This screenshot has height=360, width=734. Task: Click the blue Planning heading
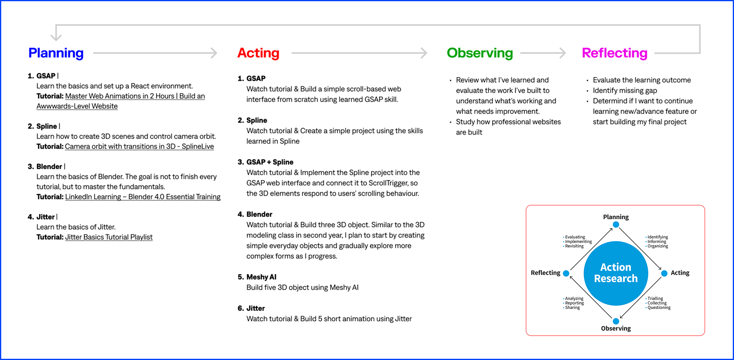56,53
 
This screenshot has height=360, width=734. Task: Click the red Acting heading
258,53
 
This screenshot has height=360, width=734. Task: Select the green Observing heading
480,53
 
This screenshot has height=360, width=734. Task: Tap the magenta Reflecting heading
614,53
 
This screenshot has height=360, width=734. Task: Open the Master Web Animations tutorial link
135,96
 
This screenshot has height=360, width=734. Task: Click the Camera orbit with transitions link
139,147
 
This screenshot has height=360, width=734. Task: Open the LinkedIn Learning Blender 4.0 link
143,197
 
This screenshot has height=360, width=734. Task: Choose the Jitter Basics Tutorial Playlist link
109,237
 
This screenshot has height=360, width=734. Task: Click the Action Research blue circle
616,273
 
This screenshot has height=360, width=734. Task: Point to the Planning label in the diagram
616,217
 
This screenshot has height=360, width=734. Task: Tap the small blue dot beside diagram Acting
664,273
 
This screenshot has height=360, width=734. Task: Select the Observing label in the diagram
616,329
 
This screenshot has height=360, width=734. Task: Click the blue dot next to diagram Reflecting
566,273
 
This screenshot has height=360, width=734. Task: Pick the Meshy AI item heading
261,277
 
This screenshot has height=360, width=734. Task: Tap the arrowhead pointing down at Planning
56,37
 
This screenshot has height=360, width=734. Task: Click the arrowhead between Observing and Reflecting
563,53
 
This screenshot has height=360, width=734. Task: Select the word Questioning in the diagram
659,308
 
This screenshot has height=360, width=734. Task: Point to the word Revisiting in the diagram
574,246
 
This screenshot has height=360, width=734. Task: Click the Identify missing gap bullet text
624,91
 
